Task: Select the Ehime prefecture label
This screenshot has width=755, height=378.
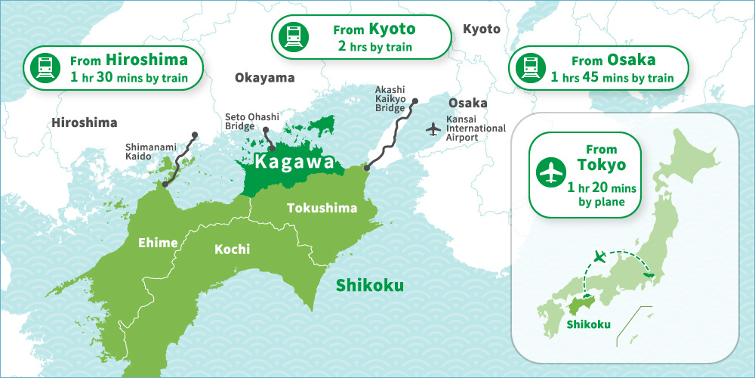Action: coord(157,243)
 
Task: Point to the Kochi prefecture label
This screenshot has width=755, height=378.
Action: coord(232,249)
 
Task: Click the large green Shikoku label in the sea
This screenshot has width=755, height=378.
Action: coord(369,286)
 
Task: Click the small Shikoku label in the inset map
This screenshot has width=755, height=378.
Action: coord(588,326)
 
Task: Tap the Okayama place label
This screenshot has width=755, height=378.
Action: coord(264,78)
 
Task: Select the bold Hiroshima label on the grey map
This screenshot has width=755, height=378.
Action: coord(85,122)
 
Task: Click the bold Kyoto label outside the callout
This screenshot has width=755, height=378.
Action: coord(481,29)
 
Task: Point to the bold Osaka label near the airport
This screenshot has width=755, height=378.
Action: coord(467,103)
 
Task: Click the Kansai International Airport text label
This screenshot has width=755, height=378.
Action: coord(476,129)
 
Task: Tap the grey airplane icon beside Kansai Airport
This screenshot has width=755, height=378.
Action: coord(433,129)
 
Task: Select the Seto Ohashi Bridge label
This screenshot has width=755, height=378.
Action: coord(252,122)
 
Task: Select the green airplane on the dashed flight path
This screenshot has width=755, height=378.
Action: coord(600,257)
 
